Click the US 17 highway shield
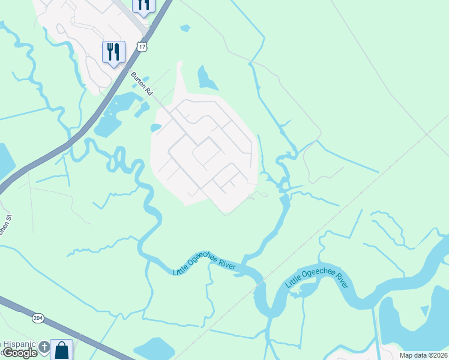pos(141,46)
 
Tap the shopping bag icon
pos(62,349)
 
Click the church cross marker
pos(44,346)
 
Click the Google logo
pos(19,353)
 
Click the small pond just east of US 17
pos(185,28)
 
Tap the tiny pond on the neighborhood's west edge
pos(155,127)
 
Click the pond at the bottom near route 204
pos(155,348)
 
